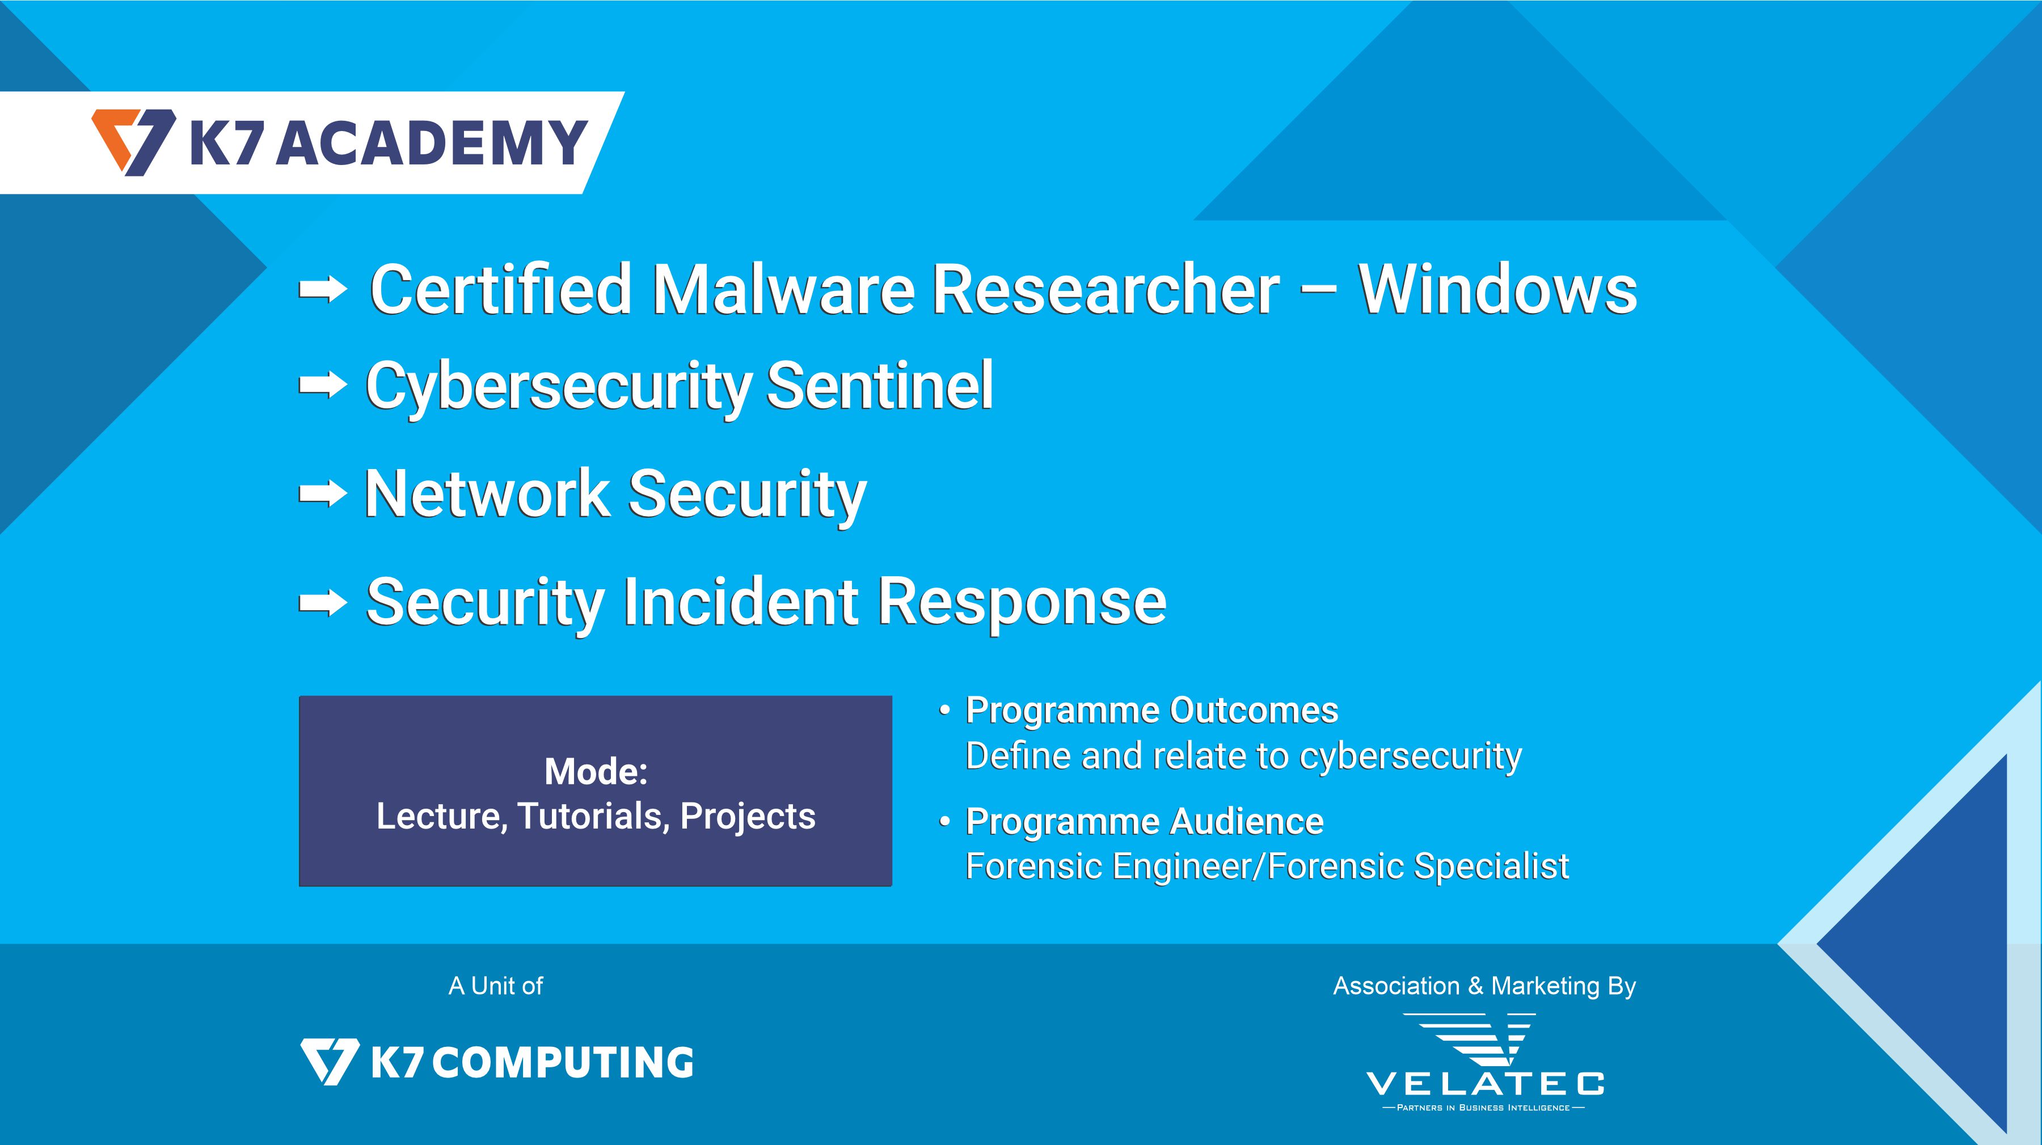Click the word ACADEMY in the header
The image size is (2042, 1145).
(x=432, y=143)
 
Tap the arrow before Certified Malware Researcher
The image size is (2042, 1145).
(x=323, y=291)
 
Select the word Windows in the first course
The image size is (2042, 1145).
(x=1498, y=289)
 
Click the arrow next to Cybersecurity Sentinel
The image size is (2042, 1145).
(x=323, y=386)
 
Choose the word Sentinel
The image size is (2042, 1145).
(x=880, y=385)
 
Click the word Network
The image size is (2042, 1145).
(x=486, y=493)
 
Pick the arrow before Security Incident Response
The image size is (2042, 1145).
(x=323, y=604)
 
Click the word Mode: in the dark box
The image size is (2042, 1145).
(x=596, y=772)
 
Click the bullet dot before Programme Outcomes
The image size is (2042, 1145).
(x=944, y=711)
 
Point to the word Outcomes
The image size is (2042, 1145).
(x=1254, y=710)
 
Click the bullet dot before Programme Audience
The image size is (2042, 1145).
(x=944, y=822)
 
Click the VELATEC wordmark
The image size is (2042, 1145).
(x=1485, y=1083)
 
